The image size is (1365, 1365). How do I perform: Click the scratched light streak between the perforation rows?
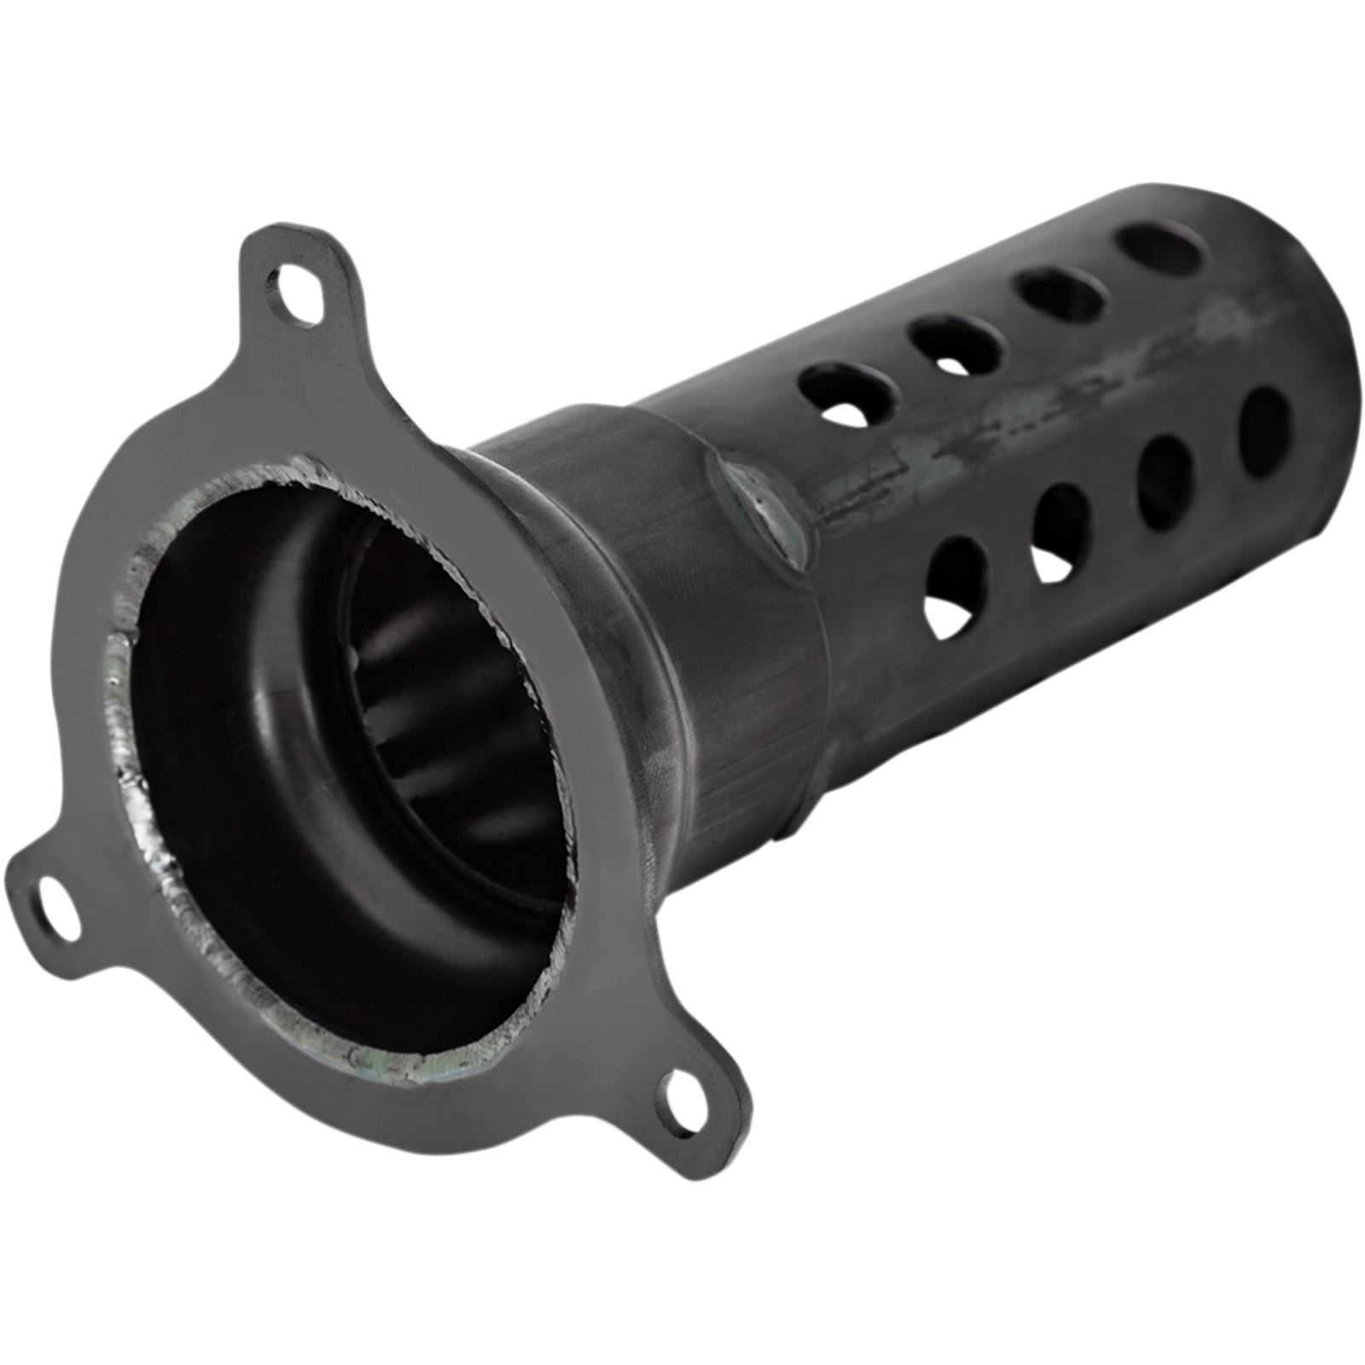click(x=1007, y=452)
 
